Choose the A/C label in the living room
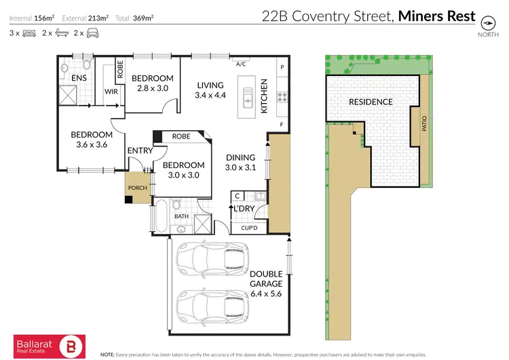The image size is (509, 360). (x=241, y=65)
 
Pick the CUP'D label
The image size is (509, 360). (x=250, y=228)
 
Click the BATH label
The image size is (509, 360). (x=181, y=216)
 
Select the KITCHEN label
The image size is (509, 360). (x=265, y=96)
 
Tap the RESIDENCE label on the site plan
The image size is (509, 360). (x=371, y=102)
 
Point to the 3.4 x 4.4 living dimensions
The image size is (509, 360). (x=210, y=96)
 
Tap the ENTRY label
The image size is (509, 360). (x=139, y=152)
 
